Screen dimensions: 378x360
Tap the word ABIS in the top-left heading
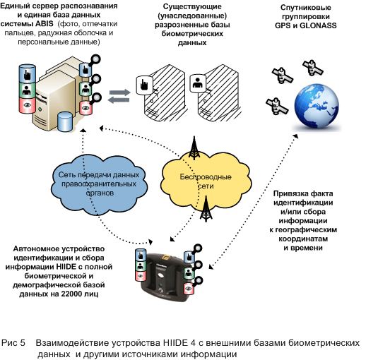pos(45,24)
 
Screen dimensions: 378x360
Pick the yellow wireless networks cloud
pos(206,181)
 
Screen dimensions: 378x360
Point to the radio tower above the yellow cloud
pos(194,148)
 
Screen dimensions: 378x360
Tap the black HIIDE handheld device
pos(167,277)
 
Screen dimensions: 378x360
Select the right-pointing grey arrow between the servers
pos(119,92)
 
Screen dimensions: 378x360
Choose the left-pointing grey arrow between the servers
pos(119,100)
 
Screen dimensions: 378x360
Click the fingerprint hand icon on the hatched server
pos(145,85)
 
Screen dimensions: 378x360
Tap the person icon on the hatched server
pos(198,83)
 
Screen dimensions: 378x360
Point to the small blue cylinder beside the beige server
pos(65,122)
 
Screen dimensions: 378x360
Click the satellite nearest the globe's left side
pos(277,106)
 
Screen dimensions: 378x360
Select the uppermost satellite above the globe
pos(313,67)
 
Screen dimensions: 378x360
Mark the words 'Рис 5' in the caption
pos(13,342)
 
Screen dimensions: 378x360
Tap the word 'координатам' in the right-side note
pos(303,239)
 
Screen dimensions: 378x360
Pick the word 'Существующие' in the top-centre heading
pos(192,6)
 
